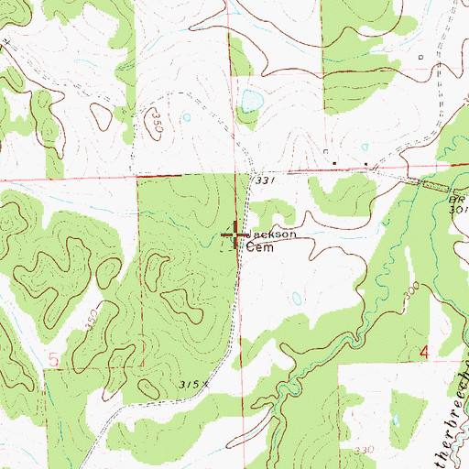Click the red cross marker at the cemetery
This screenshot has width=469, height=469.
[x=235, y=235]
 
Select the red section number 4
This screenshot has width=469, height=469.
[x=423, y=353]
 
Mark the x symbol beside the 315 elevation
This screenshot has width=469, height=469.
[x=207, y=385]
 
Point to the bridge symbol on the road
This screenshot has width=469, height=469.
[x=429, y=185]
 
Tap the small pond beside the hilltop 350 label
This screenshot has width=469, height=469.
[x=187, y=117]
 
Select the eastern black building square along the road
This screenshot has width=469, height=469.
[x=366, y=166]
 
